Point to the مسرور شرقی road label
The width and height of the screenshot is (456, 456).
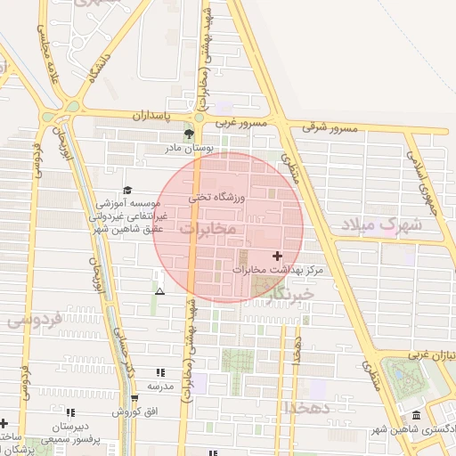330,128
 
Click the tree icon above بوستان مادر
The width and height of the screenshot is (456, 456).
189,134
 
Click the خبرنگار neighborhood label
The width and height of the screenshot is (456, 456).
290,293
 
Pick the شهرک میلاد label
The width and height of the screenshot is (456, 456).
379,225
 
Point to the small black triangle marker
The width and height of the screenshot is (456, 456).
159,291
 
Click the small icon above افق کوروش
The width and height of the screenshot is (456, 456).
134,398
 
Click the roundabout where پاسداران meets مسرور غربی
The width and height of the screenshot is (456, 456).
199,117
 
